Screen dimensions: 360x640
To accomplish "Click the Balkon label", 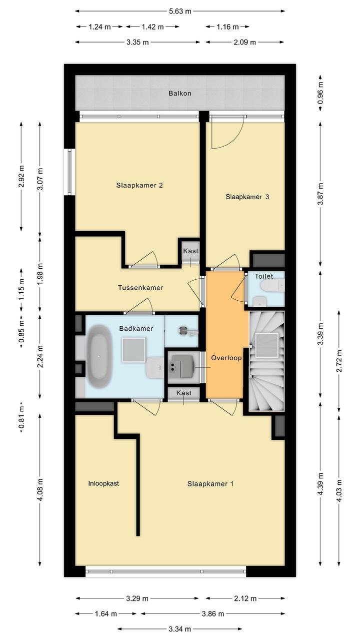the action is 179,94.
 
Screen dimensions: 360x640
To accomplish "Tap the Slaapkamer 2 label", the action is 139,185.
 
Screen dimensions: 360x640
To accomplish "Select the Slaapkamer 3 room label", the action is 247,197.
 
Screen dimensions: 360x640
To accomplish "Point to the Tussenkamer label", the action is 140,287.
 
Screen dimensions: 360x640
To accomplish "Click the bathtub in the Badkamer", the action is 99,356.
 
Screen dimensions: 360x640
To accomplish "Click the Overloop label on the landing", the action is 226,358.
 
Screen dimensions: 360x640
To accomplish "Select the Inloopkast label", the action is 103,483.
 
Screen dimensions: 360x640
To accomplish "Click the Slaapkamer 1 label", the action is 210,484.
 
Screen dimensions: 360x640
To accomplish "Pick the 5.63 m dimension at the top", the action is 180,12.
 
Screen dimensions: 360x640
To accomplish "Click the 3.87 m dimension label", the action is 320,194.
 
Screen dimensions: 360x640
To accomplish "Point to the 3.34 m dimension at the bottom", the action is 179,628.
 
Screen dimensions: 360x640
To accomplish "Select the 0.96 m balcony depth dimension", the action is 320,93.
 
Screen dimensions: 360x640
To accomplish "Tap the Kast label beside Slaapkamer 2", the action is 190,251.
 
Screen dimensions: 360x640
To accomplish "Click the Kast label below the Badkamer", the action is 183,393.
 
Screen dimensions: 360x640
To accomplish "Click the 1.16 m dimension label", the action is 227,27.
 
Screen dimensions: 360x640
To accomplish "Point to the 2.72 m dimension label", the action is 339,361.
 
